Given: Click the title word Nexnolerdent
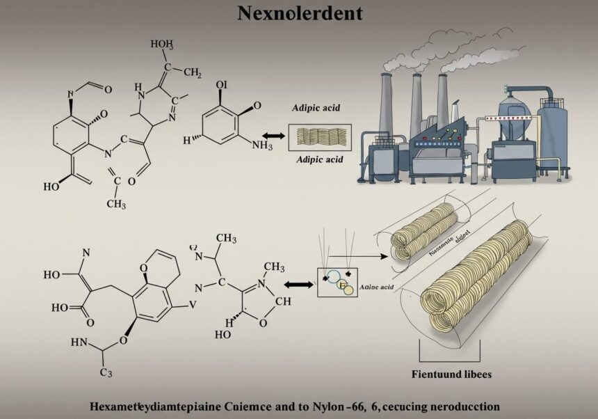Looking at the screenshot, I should (x=299, y=13).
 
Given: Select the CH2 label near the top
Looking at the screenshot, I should (x=189, y=72).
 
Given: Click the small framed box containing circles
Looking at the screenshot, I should (x=337, y=282).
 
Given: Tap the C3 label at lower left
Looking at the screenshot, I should (x=105, y=373).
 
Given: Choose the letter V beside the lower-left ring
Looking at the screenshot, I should (x=193, y=303).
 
